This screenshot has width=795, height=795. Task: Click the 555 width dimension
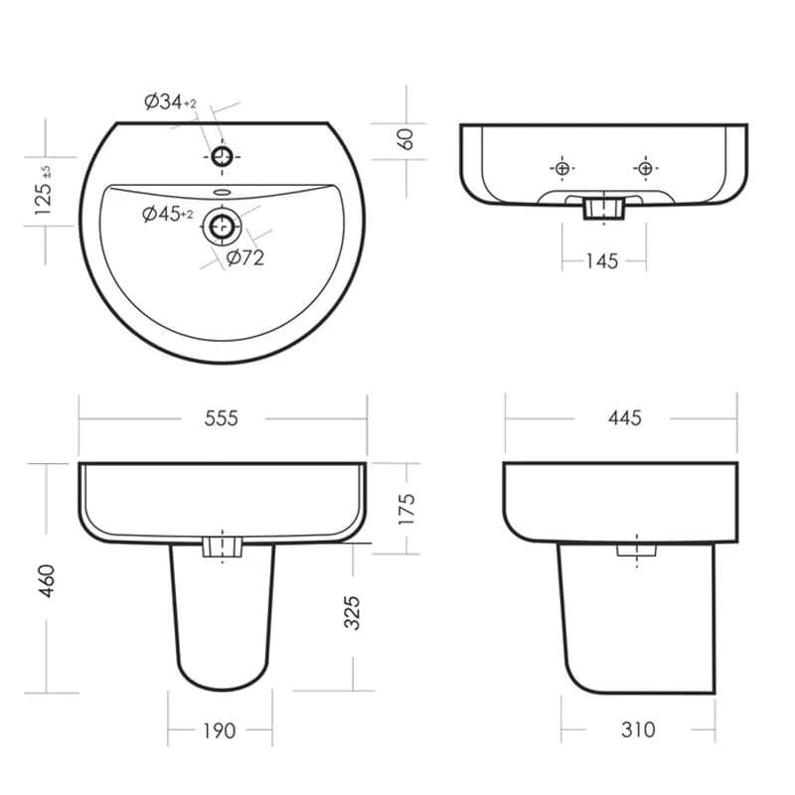pos(221,418)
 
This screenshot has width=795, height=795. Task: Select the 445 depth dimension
pos(625,417)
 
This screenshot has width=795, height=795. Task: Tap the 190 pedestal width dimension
pos(219,730)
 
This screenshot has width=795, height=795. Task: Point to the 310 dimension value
pos(638,729)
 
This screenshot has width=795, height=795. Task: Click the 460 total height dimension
pos(46,580)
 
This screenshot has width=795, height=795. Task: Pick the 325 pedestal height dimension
pos(352,612)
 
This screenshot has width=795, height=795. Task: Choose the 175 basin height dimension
pos(406,509)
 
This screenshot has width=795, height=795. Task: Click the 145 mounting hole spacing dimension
pos(602,261)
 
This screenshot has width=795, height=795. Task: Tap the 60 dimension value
pos(405,139)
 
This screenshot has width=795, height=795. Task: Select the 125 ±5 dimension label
pos(43,190)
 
